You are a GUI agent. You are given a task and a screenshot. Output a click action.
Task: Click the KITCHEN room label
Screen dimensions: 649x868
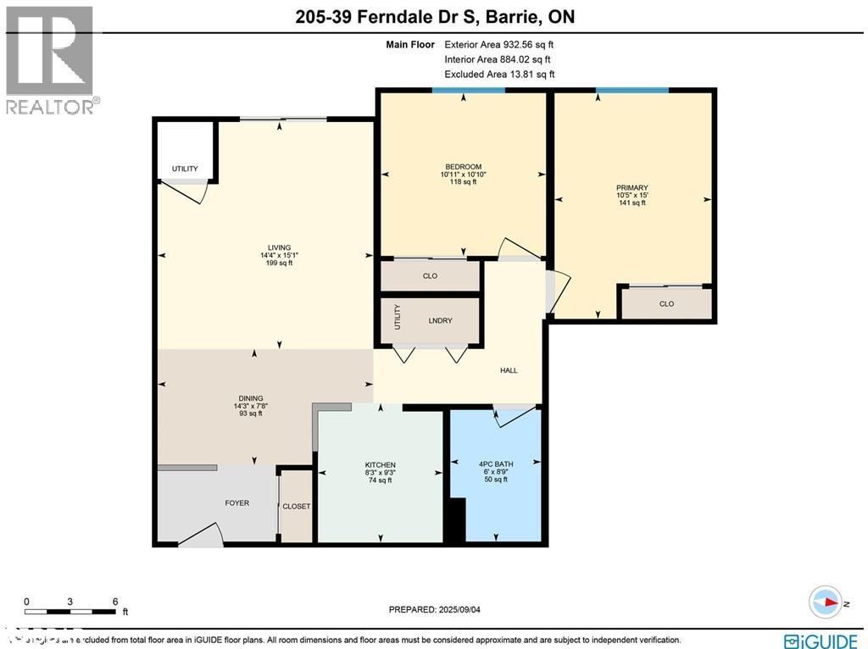pyautogui.click(x=380, y=464)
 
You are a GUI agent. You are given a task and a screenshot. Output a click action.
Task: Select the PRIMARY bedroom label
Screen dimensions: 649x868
pyautogui.click(x=632, y=188)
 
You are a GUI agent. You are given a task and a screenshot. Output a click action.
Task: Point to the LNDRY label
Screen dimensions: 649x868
pyautogui.click(x=440, y=320)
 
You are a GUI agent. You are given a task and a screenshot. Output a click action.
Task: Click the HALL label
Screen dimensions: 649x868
pyautogui.click(x=509, y=370)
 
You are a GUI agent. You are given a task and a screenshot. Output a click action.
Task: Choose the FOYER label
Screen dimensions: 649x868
pyautogui.click(x=236, y=503)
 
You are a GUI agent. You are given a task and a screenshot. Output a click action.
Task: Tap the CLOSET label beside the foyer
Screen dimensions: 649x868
pyautogui.click(x=297, y=507)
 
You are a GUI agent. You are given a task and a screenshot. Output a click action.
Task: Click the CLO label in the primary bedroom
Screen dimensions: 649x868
pyautogui.click(x=666, y=304)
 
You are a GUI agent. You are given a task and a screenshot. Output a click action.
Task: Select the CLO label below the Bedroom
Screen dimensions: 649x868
pyautogui.click(x=430, y=276)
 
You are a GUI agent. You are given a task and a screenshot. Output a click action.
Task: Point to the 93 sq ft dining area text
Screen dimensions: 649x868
pyautogui.click(x=251, y=413)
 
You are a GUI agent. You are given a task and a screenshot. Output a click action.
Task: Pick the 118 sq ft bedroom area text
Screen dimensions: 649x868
pyautogui.click(x=463, y=181)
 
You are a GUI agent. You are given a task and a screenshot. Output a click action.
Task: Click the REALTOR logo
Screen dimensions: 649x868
pyautogui.click(x=51, y=60)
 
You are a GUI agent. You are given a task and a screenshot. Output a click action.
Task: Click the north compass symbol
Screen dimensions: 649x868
pyautogui.click(x=825, y=602)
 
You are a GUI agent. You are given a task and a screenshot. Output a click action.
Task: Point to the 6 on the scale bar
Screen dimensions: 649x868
pyautogui.click(x=114, y=602)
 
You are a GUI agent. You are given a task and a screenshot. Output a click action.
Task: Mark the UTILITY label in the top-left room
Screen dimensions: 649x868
pyautogui.click(x=185, y=169)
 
